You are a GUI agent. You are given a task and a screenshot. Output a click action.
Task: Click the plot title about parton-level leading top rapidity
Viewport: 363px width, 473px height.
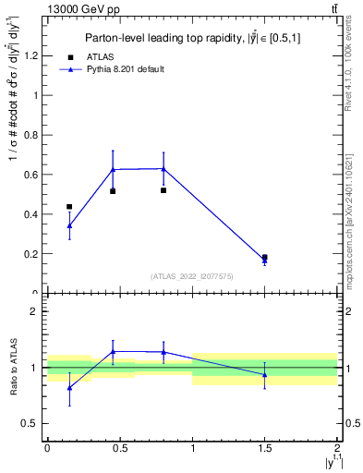coord(192,38)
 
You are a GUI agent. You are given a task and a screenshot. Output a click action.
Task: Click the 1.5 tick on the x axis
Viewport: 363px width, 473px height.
coord(265,448)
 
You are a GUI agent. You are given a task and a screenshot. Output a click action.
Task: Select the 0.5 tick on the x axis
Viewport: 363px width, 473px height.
coord(119,448)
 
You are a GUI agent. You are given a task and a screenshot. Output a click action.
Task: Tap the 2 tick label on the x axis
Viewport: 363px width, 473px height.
coord(338,448)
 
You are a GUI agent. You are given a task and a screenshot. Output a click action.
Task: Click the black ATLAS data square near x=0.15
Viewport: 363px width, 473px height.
coord(69,206)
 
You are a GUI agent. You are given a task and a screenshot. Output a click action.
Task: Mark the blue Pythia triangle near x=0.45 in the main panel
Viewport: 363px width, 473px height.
coord(113,169)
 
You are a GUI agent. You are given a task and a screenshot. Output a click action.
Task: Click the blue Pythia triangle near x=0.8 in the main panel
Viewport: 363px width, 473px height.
coord(163,168)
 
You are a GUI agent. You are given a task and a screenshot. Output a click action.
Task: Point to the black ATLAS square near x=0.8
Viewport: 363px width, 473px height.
coord(163,190)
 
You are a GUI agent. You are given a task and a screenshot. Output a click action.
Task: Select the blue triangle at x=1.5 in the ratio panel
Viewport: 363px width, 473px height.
coord(265,374)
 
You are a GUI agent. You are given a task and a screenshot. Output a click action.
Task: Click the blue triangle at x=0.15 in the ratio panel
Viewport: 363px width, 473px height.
coord(69,387)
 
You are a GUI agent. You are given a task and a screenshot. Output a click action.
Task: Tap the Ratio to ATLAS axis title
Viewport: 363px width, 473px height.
coord(13,368)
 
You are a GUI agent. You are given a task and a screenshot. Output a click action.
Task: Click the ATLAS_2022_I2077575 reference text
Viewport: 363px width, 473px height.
coord(192,275)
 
